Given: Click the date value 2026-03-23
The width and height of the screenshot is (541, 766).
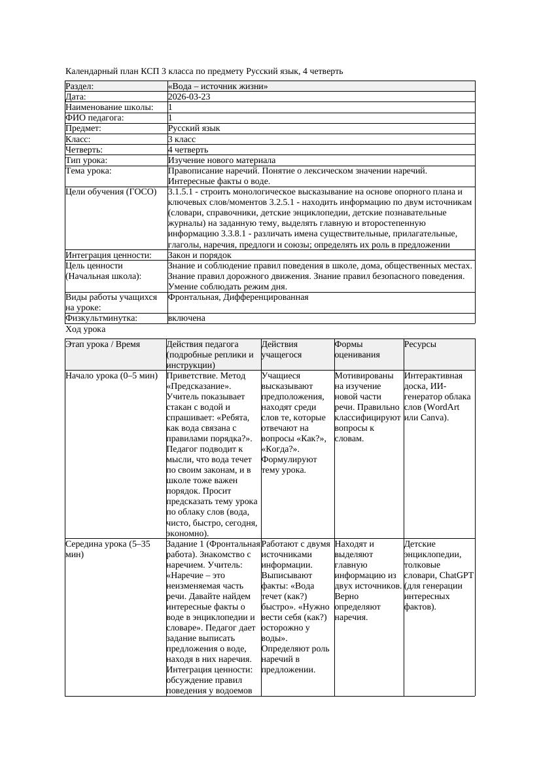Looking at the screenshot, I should tap(189, 97).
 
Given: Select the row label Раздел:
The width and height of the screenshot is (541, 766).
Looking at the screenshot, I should tap(80, 86).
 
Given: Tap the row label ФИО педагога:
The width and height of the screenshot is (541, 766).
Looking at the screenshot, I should tap(95, 118).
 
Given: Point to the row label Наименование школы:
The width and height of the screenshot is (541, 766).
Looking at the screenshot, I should tap(109, 107).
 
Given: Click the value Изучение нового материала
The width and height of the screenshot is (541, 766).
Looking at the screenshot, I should tap(222, 160).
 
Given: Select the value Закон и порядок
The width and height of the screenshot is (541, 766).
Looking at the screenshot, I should tap(200, 255).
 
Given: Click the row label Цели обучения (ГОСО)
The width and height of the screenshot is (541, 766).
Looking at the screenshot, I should tap(111, 192).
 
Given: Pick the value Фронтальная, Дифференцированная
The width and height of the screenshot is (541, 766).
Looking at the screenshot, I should tap(238, 297).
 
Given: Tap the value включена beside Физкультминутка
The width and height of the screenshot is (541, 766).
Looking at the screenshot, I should tap(186, 318).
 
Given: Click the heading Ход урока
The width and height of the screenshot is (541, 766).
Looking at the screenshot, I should tap(85, 330).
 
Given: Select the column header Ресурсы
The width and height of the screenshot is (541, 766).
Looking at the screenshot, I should tap(420, 344).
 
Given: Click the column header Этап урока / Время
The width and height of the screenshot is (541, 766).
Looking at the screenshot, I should tap(103, 344).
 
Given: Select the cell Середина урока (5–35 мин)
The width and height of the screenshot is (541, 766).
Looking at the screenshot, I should tap(107, 549).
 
